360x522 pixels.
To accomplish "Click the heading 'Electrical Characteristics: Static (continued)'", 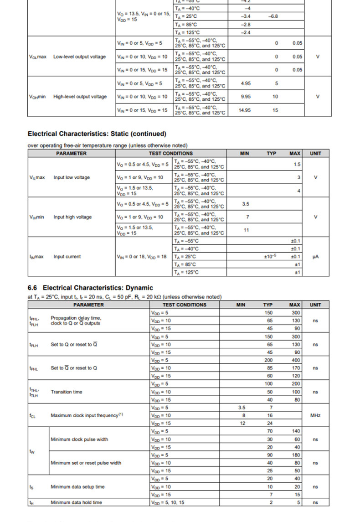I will [97, 134].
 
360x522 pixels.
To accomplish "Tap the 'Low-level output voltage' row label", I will [79, 57].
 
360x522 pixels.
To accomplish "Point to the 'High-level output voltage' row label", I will [80, 97].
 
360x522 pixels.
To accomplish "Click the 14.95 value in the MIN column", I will [245, 110].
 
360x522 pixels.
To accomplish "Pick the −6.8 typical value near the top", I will [273, 16].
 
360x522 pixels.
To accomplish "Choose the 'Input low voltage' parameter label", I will [72, 177].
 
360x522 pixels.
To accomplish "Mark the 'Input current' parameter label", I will [67, 257].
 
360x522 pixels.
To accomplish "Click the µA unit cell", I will [315, 257].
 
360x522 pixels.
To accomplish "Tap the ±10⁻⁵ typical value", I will [270, 257].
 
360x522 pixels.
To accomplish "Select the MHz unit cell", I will [315, 415].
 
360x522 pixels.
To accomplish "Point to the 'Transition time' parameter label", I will [67, 392].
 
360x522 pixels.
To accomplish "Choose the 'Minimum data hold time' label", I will [76, 502].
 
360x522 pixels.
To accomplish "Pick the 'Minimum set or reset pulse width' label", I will [86, 463].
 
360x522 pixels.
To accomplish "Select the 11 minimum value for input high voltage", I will [246, 230].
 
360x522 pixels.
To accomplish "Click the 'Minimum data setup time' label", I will [77, 486].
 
